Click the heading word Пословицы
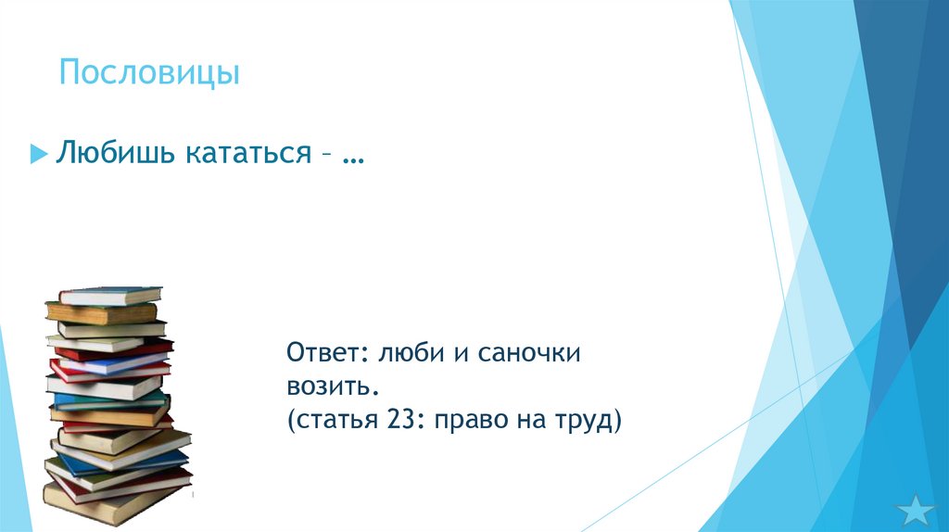point(149,72)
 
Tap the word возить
point(331,386)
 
